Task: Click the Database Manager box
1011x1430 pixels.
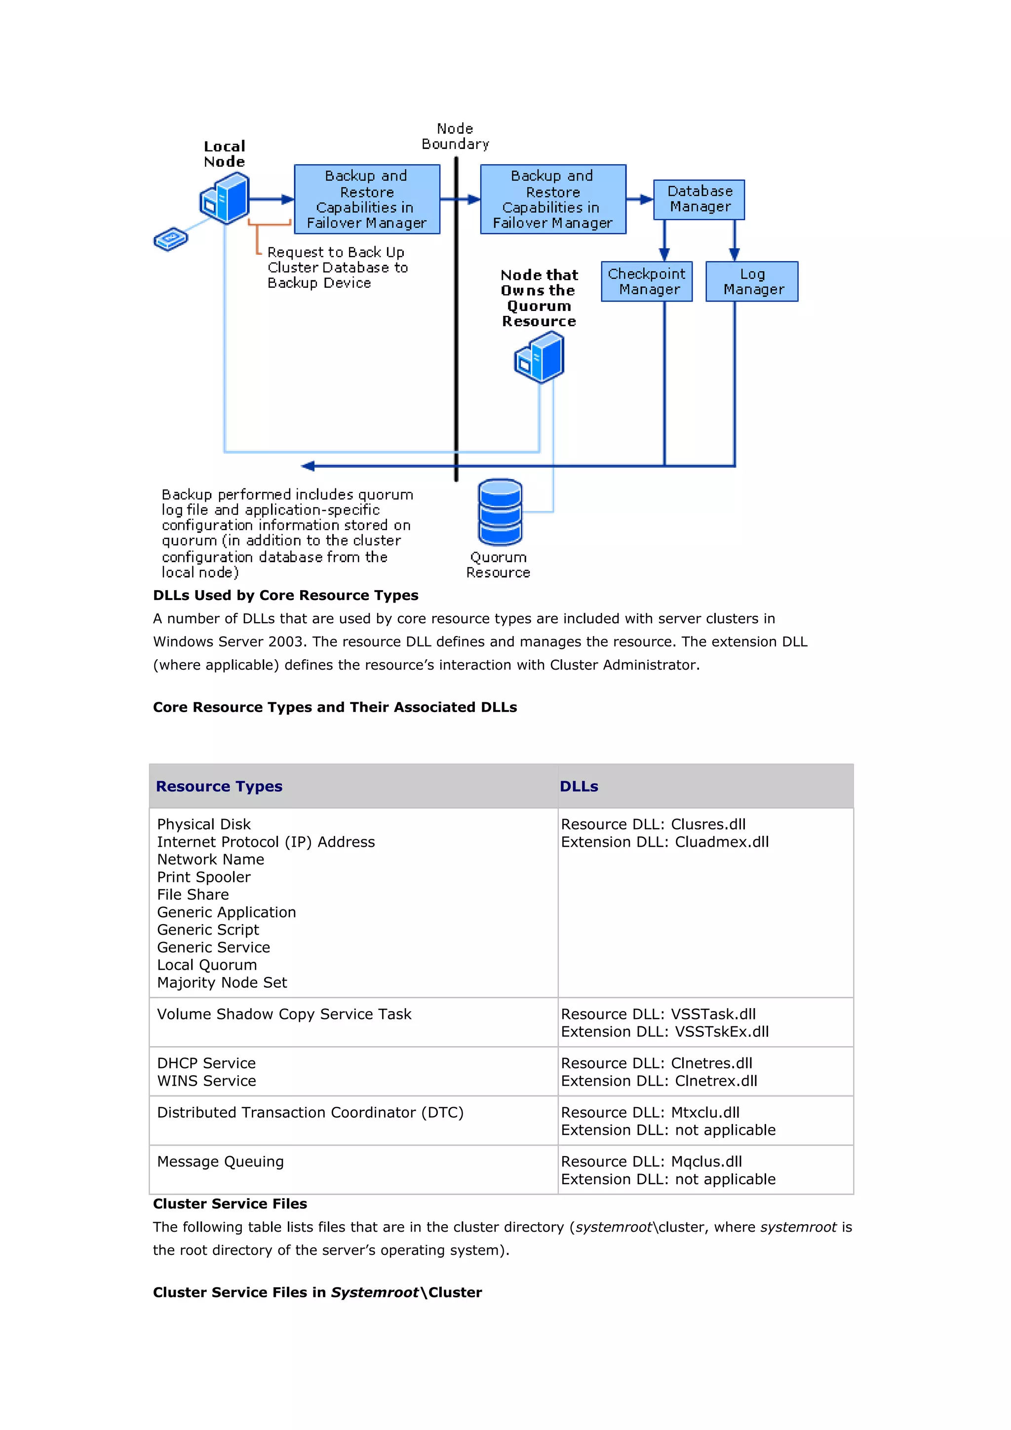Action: (699, 199)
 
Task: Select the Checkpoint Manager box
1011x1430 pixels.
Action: (647, 282)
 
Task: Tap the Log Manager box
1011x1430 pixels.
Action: (752, 282)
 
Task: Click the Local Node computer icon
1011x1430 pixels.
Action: (226, 198)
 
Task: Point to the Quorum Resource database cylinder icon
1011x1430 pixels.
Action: (500, 512)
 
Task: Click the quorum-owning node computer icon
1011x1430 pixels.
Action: (540, 357)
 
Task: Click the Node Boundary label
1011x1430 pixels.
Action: (455, 136)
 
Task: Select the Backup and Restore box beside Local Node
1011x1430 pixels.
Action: (367, 199)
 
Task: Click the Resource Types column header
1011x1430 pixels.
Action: (219, 787)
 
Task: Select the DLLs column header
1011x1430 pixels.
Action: (579, 787)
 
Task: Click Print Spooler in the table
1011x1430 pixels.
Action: (204, 877)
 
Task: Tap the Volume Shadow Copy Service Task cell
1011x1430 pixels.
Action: (284, 1014)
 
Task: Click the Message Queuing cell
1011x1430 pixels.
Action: (221, 1162)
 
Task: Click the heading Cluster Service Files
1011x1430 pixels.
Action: (230, 1204)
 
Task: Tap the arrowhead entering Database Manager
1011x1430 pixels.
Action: (647, 199)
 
